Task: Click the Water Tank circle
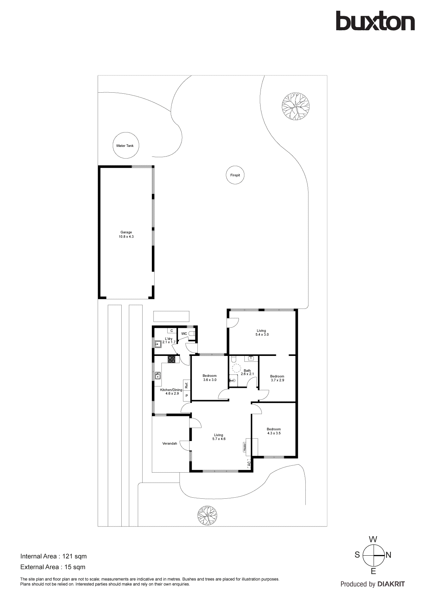click(x=126, y=146)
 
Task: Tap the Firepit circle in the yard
click(x=235, y=175)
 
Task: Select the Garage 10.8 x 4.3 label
click(x=126, y=234)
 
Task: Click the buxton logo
click(x=375, y=21)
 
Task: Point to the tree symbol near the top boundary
click(x=295, y=106)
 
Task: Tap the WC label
click(x=184, y=334)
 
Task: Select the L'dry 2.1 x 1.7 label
click(x=169, y=340)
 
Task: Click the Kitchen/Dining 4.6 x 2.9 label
click(x=171, y=392)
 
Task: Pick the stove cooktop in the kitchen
click(x=171, y=359)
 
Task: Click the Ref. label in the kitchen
click(x=187, y=385)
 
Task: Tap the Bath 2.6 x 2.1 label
click(x=247, y=372)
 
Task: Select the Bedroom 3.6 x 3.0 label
click(x=209, y=378)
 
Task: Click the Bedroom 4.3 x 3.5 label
click(x=274, y=431)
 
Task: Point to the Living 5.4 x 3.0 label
click(x=262, y=333)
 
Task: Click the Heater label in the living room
click(x=245, y=447)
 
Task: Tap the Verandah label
click(x=170, y=443)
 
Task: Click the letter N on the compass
click(x=388, y=555)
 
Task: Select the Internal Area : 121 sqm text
click(x=53, y=556)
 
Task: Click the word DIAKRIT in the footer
click(x=391, y=584)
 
